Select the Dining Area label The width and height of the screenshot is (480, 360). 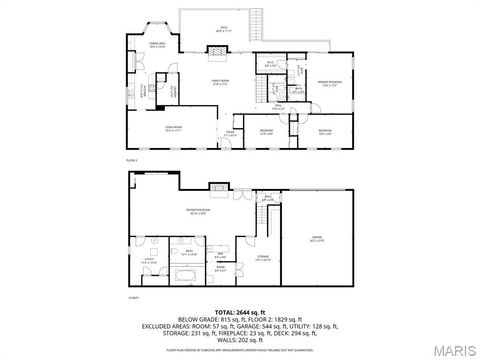point(157,44)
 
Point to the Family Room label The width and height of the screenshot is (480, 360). point(220,83)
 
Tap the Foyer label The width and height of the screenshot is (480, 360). point(230,133)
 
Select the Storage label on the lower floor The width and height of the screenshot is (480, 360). point(263,258)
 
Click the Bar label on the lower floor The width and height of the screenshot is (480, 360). point(220,254)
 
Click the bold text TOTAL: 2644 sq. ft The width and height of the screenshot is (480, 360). point(240,313)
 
